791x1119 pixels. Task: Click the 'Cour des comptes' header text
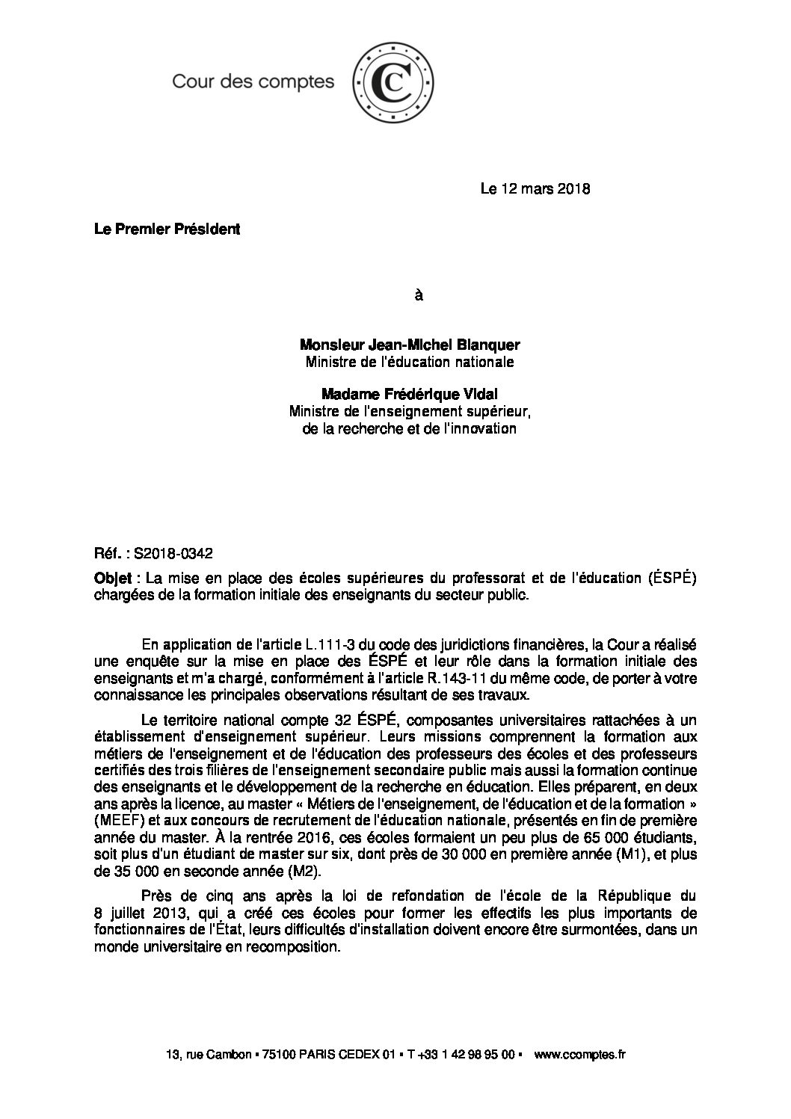coord(253,81)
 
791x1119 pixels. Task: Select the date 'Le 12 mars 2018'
coord(535,189)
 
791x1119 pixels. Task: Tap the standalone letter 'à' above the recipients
coord(419,295)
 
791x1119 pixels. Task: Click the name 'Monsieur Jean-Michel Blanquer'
coord(410,345)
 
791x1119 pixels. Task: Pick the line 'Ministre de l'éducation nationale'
coord(410,363)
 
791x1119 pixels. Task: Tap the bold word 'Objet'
coord(111,578)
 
